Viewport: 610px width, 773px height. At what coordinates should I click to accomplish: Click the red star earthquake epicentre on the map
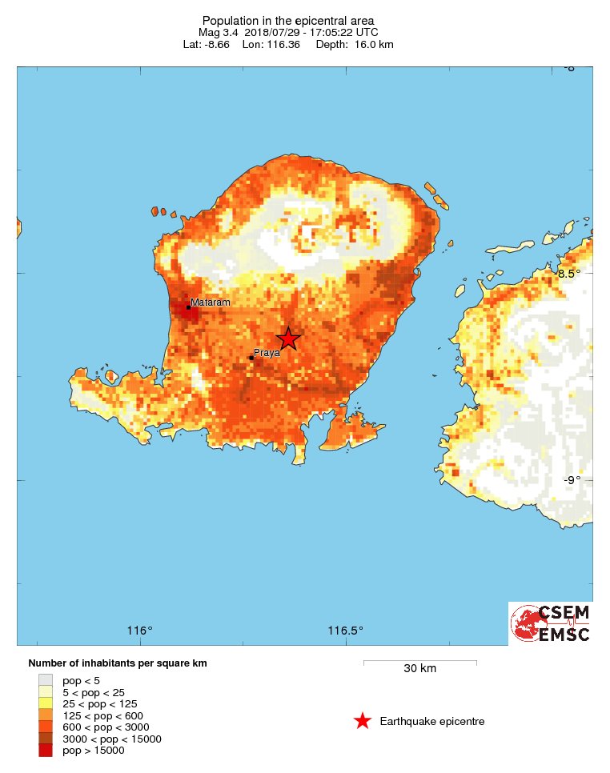(x=288, y=338)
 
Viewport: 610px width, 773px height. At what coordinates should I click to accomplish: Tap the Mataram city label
(x=211, y=302)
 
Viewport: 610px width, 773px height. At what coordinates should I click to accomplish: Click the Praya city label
(x=266, y=352)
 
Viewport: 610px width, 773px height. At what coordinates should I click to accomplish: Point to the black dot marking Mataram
(x=188, y=307)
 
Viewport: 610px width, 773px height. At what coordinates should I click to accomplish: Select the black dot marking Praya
(x=251, y=358)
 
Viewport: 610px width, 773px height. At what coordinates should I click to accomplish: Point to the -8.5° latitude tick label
(x=570, y=274)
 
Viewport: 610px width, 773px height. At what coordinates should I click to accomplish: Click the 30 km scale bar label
(x=419, y=669)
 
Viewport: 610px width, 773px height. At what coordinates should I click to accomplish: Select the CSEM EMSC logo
(x=551, y=623)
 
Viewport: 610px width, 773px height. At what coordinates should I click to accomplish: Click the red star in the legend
(x=362, y=722)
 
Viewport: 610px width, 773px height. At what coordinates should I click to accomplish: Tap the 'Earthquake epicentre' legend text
(x=432, y=722)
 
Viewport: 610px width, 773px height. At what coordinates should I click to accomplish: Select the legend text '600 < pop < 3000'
(x=104, y=727)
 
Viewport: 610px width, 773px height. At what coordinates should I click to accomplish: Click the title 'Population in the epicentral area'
(x=288, y=21)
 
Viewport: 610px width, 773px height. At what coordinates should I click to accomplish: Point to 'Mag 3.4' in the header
(x=216, y=33)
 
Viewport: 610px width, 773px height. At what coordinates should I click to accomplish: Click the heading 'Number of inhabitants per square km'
(x=118, y=663)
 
